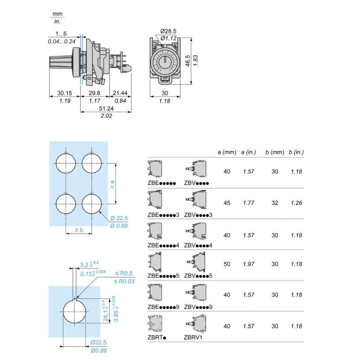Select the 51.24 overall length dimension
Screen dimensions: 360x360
click(106, 108)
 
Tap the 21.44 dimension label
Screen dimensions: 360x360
click(120, 94)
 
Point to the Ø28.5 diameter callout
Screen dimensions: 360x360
click(169, 31)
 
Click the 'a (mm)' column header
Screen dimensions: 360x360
click(227, 152)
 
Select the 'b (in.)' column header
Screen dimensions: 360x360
click(296, 152)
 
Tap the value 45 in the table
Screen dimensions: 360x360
click(227, 203)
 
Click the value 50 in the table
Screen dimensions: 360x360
click(227, 264)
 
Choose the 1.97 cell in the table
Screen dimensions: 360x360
click(248, 264)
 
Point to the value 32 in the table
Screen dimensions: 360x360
click(274, 203)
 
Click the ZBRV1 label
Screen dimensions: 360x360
click(193, 337)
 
